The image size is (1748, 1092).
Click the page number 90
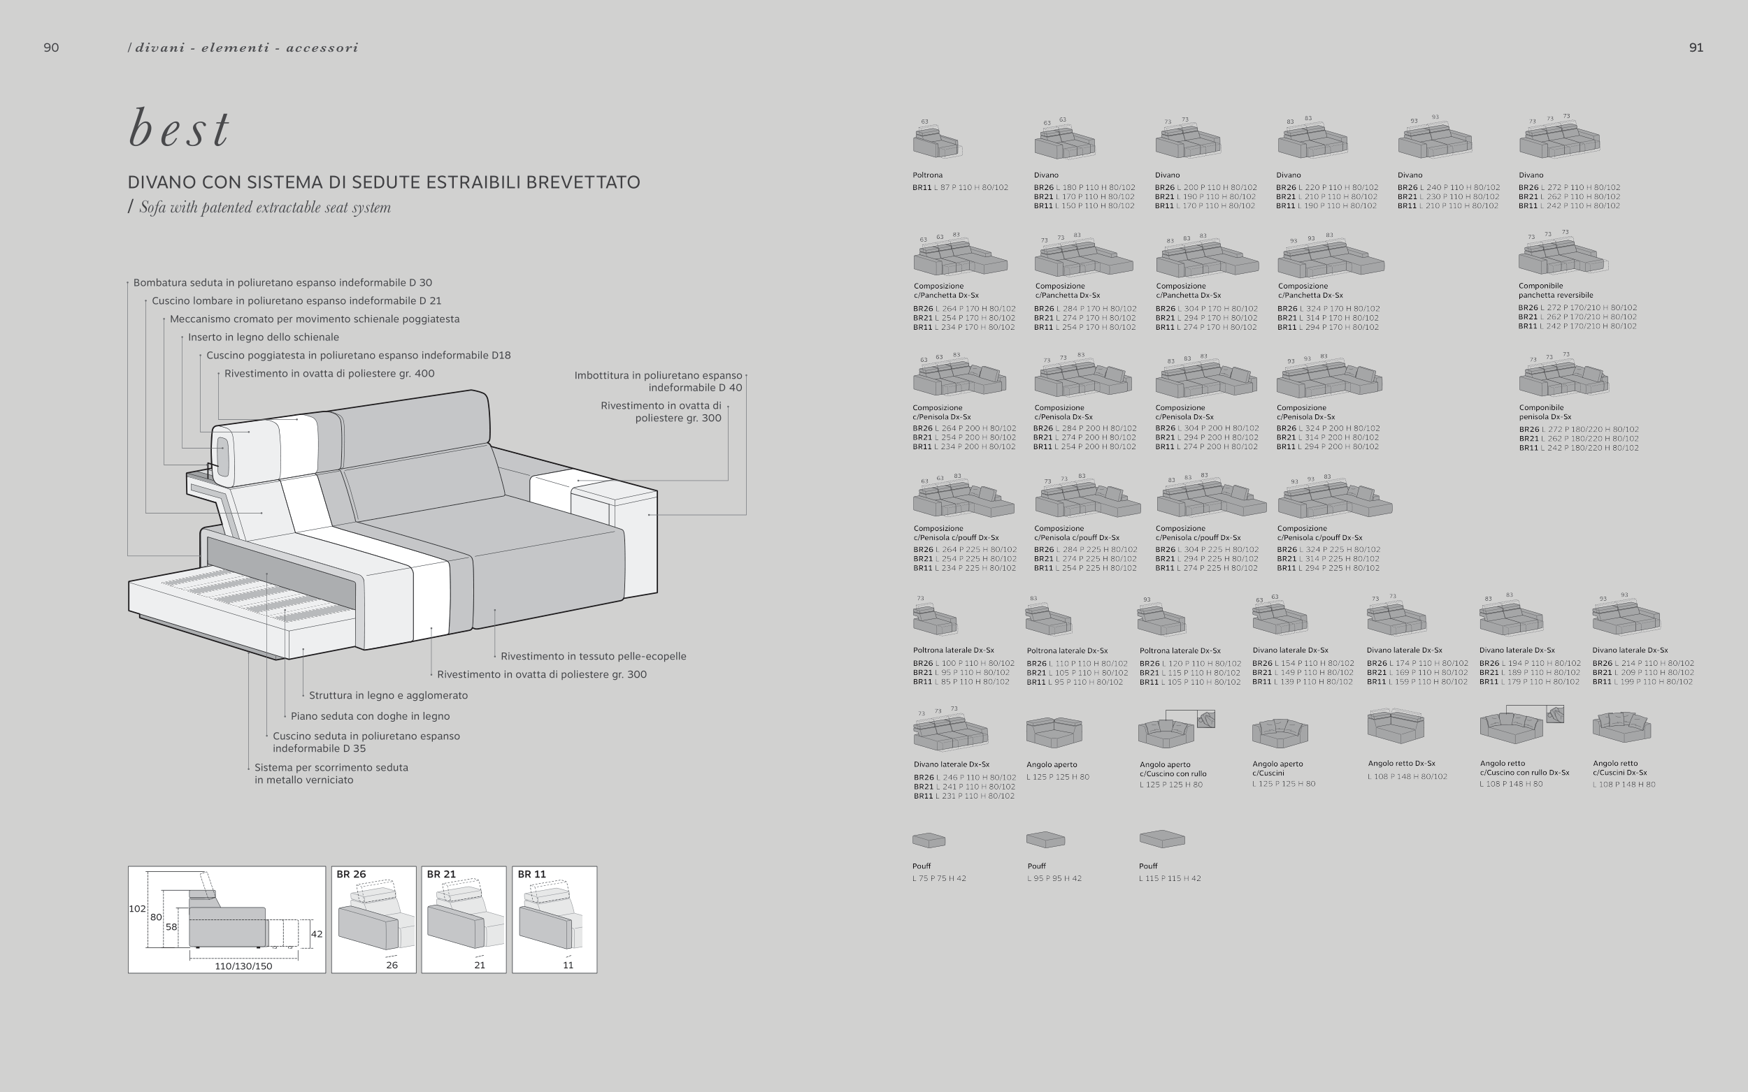pos(51,48)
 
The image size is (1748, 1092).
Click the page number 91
pos(1696,48)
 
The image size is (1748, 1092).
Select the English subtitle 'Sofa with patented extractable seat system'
pos(264,208)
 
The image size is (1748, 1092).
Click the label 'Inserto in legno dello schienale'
pos(263,337)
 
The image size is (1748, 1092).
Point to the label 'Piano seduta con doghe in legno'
pos(370,715)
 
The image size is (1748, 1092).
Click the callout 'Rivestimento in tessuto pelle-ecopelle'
pos(593,656)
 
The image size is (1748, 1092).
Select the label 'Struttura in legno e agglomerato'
pos(388,694)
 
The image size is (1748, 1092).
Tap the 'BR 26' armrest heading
pos(351,874)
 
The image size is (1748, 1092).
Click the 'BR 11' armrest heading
pos(532,874)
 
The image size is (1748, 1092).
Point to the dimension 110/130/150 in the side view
pos(243,966)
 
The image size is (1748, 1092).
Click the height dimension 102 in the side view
pos(137,908)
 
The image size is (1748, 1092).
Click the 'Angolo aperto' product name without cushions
pos(1052,764)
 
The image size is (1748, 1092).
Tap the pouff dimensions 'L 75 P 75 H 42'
pos(938,878)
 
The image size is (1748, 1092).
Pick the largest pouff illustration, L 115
pos(1162,838)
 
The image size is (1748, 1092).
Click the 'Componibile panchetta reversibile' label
pos(1555,291)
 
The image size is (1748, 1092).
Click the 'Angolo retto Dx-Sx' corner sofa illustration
pos(1396,727)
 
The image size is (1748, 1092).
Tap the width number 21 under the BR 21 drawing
pos(479,965)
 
